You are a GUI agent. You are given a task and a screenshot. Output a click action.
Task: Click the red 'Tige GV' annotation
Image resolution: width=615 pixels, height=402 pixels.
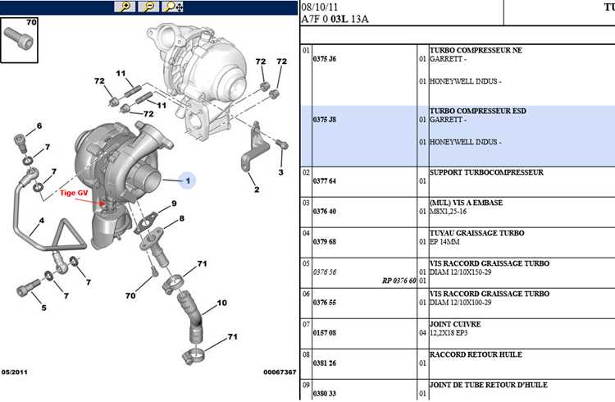[74, 193]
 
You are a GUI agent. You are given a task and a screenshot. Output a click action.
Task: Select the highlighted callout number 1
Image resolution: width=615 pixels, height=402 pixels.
[188, 180]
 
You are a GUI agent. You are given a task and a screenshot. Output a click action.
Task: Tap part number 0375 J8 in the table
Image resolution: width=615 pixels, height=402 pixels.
[325, 120]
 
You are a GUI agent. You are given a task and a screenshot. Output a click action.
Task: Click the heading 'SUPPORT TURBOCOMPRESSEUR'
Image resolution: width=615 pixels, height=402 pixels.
[486, 172]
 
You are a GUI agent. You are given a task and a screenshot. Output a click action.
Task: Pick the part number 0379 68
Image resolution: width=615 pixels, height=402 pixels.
[325, 242]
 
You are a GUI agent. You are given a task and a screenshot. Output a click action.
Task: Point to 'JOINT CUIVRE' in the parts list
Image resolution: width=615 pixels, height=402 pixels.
[455, 324]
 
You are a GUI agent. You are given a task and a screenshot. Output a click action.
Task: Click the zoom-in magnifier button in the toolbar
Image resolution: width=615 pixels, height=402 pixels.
[125, 7]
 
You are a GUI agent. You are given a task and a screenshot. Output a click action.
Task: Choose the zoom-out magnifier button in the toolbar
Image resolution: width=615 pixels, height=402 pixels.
[148, 7]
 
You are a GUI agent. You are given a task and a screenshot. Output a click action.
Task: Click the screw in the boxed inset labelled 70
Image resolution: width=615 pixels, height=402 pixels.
[17, 39]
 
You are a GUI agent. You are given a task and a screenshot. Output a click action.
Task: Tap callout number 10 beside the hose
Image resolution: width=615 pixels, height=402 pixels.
[222, 303]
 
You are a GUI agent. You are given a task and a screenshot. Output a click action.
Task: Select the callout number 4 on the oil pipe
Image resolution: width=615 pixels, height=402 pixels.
[42, 220]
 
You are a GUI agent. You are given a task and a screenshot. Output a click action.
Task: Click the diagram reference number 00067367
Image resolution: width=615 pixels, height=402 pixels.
[280, 372]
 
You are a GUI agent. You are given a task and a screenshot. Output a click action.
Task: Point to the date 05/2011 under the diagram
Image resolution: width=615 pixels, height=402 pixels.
[15, 372]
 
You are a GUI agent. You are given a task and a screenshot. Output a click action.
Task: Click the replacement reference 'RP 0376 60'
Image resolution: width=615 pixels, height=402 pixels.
[399, 281]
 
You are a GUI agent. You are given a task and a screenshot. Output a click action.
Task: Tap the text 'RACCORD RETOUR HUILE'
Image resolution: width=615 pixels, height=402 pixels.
[476, 354]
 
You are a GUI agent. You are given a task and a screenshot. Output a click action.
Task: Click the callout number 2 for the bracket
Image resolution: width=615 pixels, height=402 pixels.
[257, 190]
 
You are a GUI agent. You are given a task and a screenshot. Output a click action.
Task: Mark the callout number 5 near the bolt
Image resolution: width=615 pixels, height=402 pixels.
[44, 308]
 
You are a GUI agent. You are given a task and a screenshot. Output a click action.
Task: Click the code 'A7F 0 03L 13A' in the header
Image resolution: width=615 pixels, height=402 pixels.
[335, 19]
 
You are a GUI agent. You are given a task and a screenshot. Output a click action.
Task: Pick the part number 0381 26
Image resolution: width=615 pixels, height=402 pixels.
[325, 363]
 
